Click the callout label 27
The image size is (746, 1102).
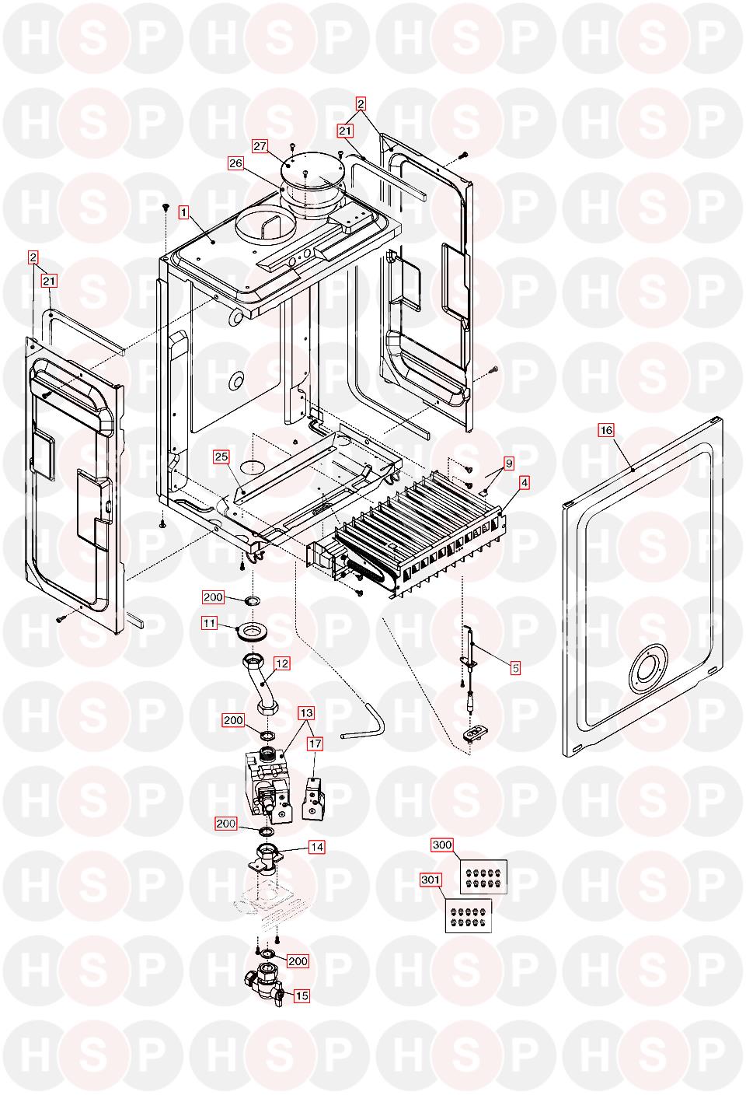(260, 145)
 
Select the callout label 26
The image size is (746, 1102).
(235, 163)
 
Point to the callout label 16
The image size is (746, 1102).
(606, 430)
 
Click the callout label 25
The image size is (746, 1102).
(221, 457)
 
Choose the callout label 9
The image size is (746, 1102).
(509, 464)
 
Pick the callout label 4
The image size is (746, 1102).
(525, 482)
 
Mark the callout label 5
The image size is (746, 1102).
(514, 666)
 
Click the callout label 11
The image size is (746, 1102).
(210, 622)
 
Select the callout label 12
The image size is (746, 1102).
(281, 663)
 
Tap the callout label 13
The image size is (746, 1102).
(306, 712)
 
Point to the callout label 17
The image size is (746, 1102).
(314, 743)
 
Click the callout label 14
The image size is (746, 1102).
(316, 847)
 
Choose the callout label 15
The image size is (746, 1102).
(301, 995)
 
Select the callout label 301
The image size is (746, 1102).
(431, 880)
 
